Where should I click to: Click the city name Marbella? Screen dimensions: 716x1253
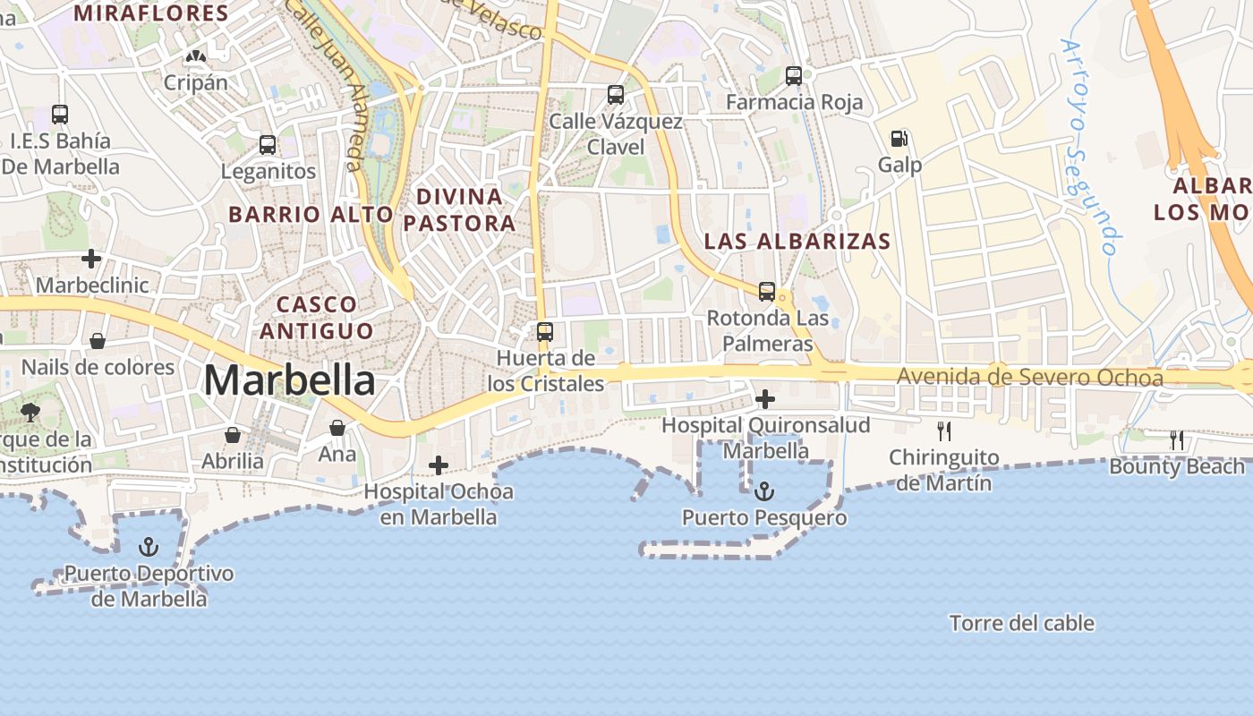tap(289, 380)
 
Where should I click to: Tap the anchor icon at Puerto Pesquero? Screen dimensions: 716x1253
tap(763, 490)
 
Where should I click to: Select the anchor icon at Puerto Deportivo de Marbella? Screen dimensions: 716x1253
tap(149, 547)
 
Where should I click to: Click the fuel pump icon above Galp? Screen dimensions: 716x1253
tap(899, 139)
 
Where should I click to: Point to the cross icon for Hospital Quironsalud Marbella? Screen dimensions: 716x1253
tap(765, 399)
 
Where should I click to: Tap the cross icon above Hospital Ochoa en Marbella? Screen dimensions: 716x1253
tap(439, 465)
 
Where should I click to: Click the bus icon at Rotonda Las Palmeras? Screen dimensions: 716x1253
tap(767, 291)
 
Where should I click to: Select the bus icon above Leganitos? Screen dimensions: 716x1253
tap(268, 144)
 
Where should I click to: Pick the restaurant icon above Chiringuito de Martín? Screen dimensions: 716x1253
tap(943, 431)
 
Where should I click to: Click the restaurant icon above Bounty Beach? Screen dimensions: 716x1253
tap(1177, 439)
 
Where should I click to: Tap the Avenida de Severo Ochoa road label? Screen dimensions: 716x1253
tap(1029, 378)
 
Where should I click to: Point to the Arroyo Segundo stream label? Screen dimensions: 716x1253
tap(1090, 148)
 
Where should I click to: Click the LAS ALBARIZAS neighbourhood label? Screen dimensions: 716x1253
tap(797, 241)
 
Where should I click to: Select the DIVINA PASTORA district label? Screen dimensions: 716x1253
tap(459, 209)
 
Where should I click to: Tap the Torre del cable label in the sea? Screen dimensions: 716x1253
tap(1021, 623)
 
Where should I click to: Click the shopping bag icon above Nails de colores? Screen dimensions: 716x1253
tap(98, 341)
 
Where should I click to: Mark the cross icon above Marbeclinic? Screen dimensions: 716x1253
tap(91, 260)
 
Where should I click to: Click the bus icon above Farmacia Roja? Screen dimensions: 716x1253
tap(794, 76)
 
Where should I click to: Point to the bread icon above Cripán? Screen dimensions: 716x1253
tap(194, 56)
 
